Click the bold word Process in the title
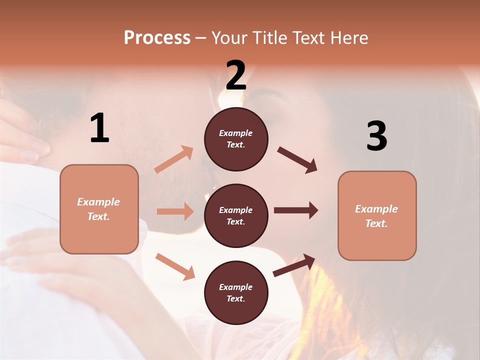pos(157,38)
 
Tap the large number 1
pos(99,128)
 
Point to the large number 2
pos(236,75)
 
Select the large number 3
pos(376,136)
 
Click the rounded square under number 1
pos(99,209)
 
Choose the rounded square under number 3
pos(377,215)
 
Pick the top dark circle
pos(236,138)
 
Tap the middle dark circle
pos(236,215)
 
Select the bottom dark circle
pos(236,292)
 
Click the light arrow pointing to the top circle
pos(174,159)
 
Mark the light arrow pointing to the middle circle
pos(175,211)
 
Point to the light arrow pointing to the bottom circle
pos(175,266)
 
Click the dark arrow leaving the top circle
pos(297,160)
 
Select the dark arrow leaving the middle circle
pos(296,210)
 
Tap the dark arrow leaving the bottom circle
pos(294,265)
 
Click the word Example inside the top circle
pos(235,133)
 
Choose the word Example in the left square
pos(98,202)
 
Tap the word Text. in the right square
pos(376,223)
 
